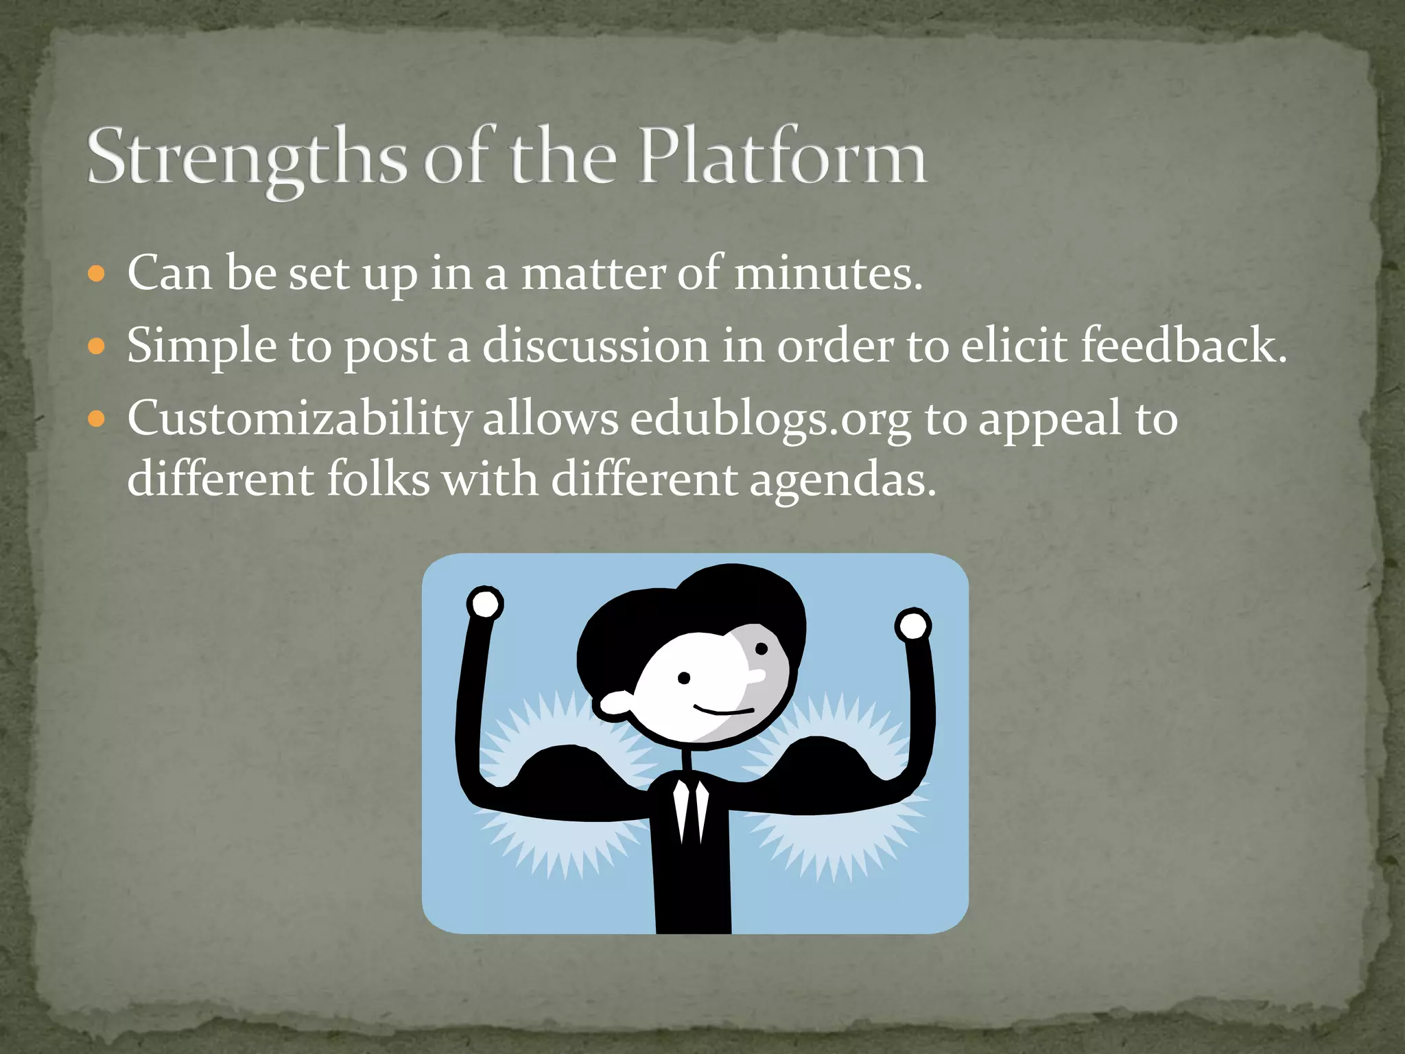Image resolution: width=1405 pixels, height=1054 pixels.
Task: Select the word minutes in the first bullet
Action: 828,274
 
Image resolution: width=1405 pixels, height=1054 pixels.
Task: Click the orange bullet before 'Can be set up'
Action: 97,274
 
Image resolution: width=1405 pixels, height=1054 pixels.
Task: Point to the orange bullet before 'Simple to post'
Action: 97,347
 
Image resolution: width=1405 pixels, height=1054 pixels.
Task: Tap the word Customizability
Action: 299,419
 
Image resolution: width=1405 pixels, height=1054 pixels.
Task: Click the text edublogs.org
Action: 770,419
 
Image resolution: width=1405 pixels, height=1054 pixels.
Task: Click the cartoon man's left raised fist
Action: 485,605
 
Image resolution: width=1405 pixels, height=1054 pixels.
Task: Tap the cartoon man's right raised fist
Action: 912,625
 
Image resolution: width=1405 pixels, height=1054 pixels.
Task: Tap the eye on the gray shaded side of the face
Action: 761,648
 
